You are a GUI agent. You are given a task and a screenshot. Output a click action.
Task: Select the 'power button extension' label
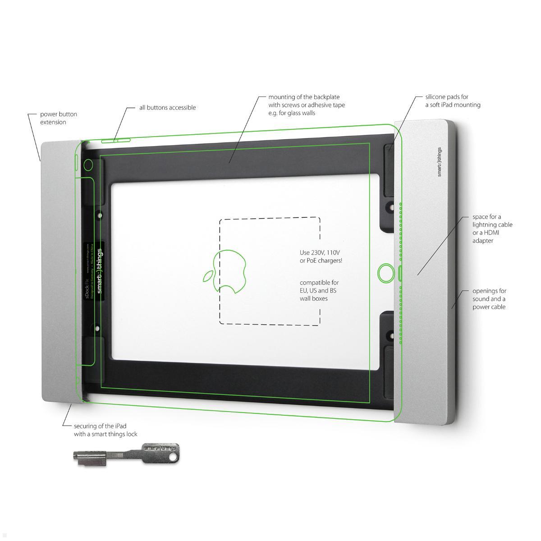[x=59, y=118]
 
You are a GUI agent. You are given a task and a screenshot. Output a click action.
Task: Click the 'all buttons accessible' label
[x=167, y=108]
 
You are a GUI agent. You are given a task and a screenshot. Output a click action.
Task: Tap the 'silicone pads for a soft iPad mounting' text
[x=453, y=101]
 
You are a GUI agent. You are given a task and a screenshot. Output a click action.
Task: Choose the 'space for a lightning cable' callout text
[x=492, y=229]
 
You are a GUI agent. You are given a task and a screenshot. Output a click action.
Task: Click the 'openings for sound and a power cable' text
[x=489, y=299]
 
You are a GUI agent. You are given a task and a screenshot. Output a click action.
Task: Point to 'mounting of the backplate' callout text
[x=307, y=105]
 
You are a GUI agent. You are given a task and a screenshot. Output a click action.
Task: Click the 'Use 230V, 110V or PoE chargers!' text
[x=321, y=257]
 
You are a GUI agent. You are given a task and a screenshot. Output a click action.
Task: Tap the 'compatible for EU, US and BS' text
[x=319, y=290]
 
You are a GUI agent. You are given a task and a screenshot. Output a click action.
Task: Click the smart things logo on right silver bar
[x=440, y=162]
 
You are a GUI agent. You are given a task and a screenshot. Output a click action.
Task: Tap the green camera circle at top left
[x=88, y=165]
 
